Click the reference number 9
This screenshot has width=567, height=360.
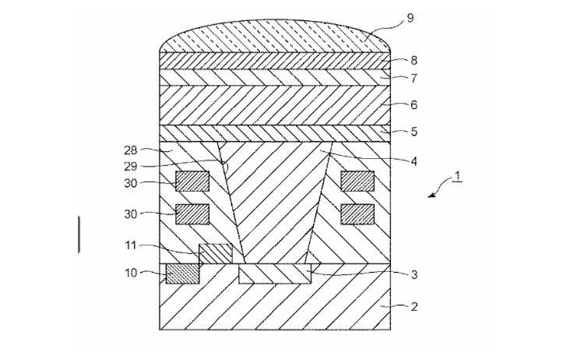(x=410, y=18)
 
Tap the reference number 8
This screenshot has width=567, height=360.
(x=414, y=60)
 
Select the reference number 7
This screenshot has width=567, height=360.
(x=414, y=78)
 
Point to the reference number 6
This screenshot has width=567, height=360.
(x=414, y=105)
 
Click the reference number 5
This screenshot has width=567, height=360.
(x=414, y=132)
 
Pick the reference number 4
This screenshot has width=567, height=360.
(x=414, y=161)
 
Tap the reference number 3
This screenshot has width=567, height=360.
(x=414, y=274)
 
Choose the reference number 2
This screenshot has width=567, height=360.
(x=414, y=307)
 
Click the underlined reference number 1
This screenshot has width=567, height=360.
(x=457, y=177)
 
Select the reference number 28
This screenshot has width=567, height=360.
(x=131, y=150)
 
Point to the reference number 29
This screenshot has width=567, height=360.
(x=131, y=167)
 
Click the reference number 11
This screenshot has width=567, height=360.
(x=131, y=245)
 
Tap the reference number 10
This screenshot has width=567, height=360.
(x=131, y=273)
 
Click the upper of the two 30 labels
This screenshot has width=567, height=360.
(x=131, y=183)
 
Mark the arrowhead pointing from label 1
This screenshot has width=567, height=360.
(x=431, y=196)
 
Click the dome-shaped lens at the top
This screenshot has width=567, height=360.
(x=275, y=36)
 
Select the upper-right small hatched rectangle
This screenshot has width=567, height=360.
(x=357, y=181)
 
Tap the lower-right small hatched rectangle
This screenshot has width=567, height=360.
(x=357, y=214)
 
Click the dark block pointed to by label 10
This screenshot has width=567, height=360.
(x=182, y=274)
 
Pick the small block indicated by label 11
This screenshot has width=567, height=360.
(x=216, y=253)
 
